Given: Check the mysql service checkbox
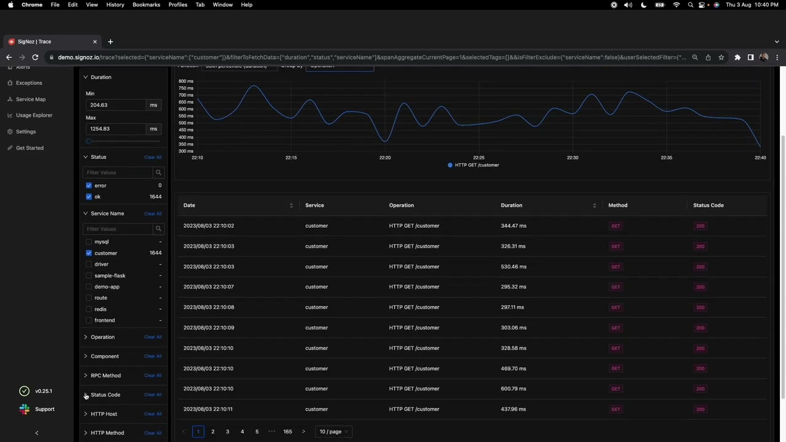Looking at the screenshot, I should [89, 242].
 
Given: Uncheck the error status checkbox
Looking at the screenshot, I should [89, 185].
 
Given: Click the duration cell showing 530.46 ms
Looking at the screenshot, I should [513, 266].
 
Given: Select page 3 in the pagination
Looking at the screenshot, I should [227, 432].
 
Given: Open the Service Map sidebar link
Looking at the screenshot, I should [31, 99].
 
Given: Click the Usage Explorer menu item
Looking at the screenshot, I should [34, 115].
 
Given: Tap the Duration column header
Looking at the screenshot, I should [512, 205].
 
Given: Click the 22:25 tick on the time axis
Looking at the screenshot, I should [478, 158].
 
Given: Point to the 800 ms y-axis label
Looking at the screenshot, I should [185, 81].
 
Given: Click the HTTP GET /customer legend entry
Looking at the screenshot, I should [477, 165].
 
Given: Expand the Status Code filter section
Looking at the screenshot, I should [105, 395].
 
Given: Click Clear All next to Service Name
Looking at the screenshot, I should [153, 214].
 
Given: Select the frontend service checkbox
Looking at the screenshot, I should [89, 320].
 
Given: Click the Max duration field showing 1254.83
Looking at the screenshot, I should [116, 129].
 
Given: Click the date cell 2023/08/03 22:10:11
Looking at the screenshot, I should [208, 409].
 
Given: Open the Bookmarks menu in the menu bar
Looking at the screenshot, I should [146, 5].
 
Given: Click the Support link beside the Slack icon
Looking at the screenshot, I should [44, 409].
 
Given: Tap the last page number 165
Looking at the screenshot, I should [287, 432].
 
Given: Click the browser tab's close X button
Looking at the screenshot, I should [95, 42].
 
